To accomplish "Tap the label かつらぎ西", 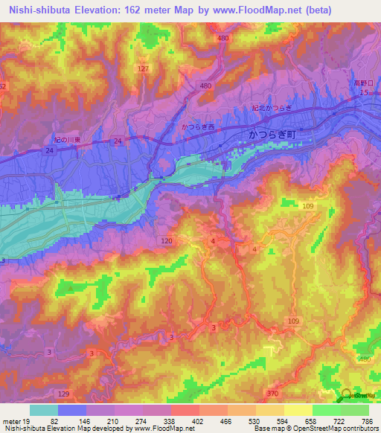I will pos(198,127).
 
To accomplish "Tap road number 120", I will pos(167,241).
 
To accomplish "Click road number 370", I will pos(273,393).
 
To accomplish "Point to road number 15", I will pos(363,93).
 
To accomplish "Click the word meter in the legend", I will pos(10,420).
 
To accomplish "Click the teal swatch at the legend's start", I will pos(43,410).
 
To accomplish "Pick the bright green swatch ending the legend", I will pos(354,410).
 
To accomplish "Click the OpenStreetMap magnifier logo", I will pos(347,396).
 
